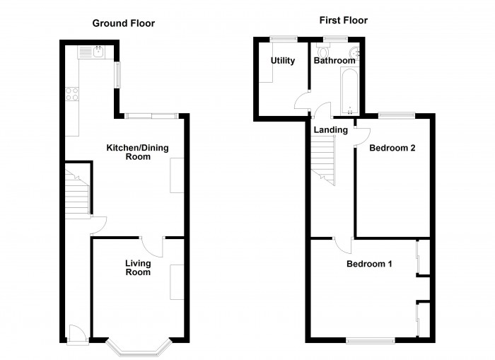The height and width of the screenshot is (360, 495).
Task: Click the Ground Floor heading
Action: pos(124,23)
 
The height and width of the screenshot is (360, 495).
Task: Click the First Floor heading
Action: pos(344,21)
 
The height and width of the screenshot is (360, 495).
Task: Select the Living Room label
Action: pos(138,268)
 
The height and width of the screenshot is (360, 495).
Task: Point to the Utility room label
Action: pos(282,61)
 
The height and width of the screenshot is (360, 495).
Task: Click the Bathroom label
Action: pos(334,61)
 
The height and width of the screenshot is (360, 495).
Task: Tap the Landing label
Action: pos(331,130)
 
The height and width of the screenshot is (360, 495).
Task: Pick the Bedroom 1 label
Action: pos(369,265)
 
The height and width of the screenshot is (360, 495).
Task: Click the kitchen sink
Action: pos(93,51)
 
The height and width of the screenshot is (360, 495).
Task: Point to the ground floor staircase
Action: pos(76,191)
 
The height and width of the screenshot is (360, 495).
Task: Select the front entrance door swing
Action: pos(76,332)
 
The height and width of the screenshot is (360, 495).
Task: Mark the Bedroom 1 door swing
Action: pos(344,245)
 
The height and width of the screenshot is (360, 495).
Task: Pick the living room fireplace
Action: pos(177,281)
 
